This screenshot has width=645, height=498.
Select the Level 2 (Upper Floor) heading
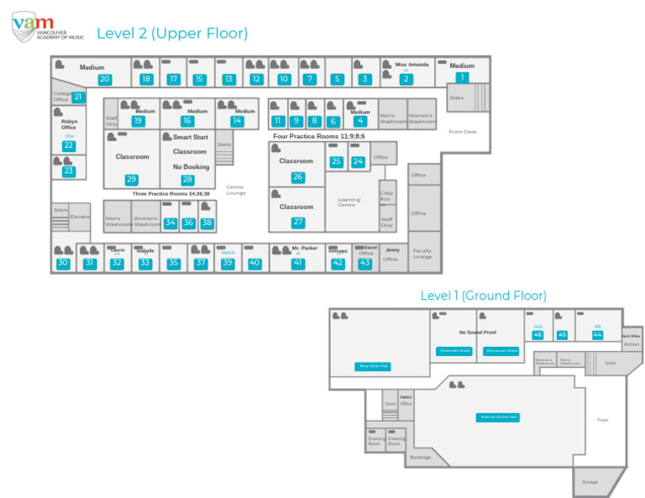pos(172,34)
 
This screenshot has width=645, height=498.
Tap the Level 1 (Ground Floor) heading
pos(483,296)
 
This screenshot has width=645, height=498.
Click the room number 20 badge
pos(104,79)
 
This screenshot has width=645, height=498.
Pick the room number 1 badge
pos(461,77)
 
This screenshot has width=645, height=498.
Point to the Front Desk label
pos(462,132)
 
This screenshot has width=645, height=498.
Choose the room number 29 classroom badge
pos(131,179)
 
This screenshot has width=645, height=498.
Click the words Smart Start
pos(190,137)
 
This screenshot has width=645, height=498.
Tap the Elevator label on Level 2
pos(80,217)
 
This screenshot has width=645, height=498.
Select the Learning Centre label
pos(349,202)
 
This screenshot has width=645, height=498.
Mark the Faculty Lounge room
pos(422,254)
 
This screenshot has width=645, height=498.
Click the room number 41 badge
pos(297,263)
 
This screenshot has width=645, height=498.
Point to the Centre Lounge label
pos(235,190)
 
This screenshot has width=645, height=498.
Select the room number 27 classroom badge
pos(298,223)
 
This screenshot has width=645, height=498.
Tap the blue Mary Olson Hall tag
pos(374,366)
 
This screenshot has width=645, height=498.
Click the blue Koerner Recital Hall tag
pos(498,417)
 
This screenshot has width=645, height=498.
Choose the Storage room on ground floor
pos(590,482)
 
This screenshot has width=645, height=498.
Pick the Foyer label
pos(602,419)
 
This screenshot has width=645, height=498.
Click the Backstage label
pos(420,457)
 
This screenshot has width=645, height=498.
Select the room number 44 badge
pos(597,334)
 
